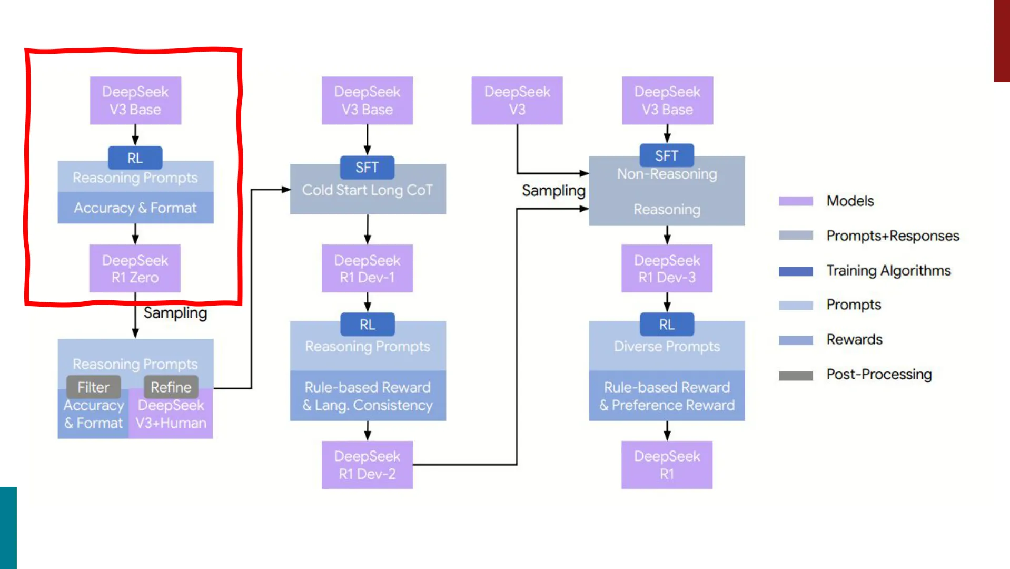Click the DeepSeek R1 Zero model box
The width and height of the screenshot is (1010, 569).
[135, 268]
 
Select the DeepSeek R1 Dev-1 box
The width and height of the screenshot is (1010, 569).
[367, 268]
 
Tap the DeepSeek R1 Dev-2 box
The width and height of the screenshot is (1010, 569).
[367, 465]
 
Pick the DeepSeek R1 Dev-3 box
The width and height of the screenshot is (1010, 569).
[667, 268]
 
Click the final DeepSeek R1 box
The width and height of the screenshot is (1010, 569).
[667, 465]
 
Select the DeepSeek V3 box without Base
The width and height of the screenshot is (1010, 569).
[517, 101]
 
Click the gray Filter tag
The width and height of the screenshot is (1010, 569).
[94, 387]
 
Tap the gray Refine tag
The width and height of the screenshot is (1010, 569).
[171, 387]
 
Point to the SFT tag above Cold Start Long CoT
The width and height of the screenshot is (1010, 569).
[367, 168]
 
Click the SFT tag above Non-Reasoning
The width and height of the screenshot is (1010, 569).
[667, 156]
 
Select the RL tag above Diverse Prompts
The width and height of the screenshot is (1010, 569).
[667, 325]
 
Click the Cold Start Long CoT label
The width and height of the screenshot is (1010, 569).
[368, 190]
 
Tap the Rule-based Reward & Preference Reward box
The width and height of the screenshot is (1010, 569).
[667, 396]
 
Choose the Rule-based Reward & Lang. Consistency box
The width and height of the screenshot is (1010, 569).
[368, 396]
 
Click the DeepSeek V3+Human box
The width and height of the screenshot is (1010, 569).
[171, 414]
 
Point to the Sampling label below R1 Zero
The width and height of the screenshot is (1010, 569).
[175, 313]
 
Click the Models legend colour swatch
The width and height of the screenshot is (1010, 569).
[796, 201]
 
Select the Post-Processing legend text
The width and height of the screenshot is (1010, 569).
[879, 374]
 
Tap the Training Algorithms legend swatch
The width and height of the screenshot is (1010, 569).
[796, 271]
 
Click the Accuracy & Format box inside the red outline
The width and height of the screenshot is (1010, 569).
[135, 208]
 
